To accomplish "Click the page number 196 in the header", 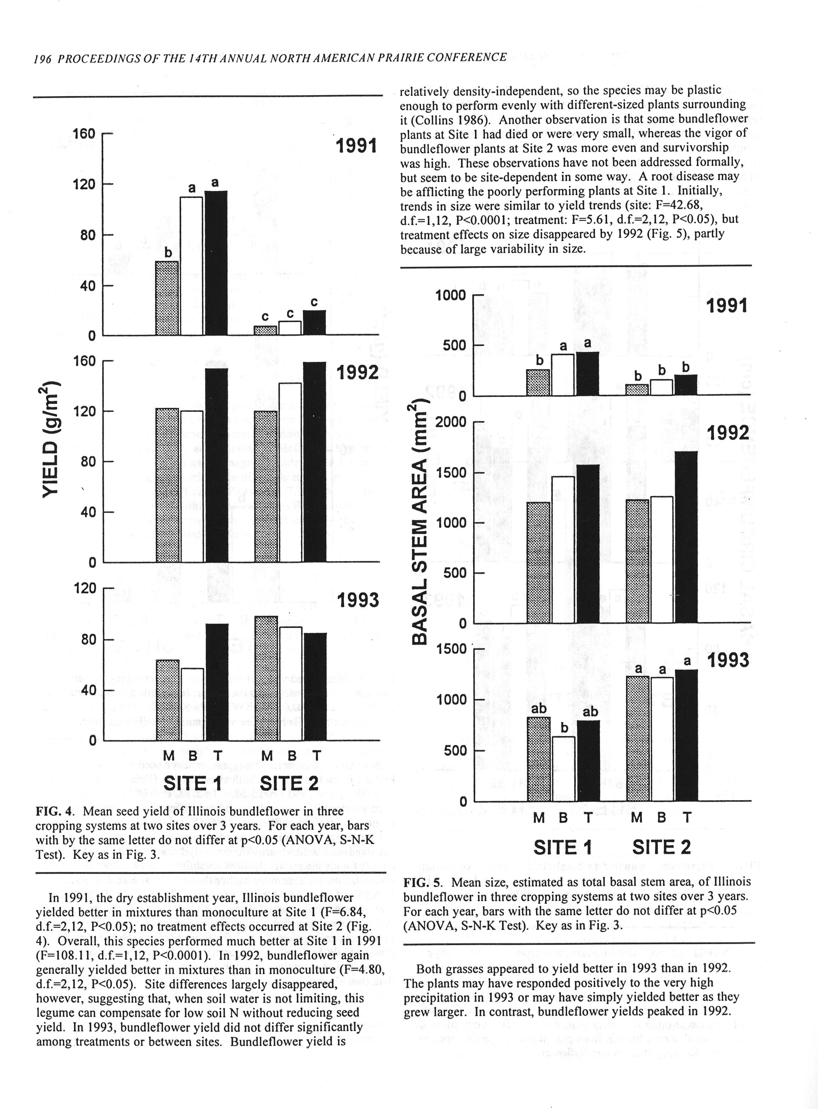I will click(42, 58).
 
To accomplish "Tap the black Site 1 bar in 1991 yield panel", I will click(216, 263).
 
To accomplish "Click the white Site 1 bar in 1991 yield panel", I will click(191, 266).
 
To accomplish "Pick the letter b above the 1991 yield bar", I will click(168, 253).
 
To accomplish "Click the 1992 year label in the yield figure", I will click(358, 372).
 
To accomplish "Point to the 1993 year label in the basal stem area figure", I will click(727, 661).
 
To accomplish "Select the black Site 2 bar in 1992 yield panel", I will click(315, 462).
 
